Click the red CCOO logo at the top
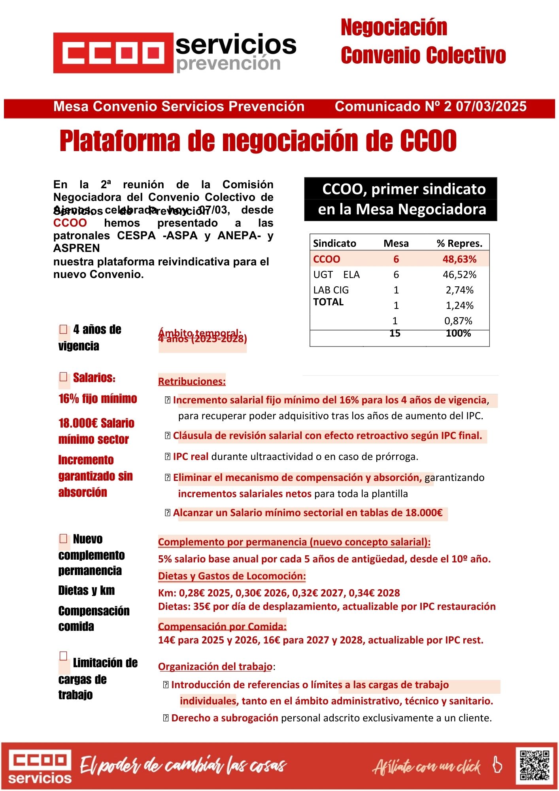pos(113,53)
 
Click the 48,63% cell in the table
pos(459,259)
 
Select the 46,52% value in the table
pos(459,275)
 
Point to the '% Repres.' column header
pos(459,244)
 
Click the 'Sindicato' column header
pos(334,244)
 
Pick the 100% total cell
pos(458,333)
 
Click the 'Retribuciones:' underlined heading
pos(192,382)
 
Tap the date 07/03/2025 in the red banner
pos(491,107)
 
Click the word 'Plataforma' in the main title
pos(119,141)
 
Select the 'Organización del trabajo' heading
pos(215,667)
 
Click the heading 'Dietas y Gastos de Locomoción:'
pos(232,576)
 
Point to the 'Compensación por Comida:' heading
pos(222,626)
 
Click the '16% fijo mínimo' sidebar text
pos(98,399)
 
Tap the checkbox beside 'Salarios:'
pos(63,377)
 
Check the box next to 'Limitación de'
pos(63,656)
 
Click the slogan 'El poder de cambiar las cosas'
pos(183,766)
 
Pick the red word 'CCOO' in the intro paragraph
pos(70,223)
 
